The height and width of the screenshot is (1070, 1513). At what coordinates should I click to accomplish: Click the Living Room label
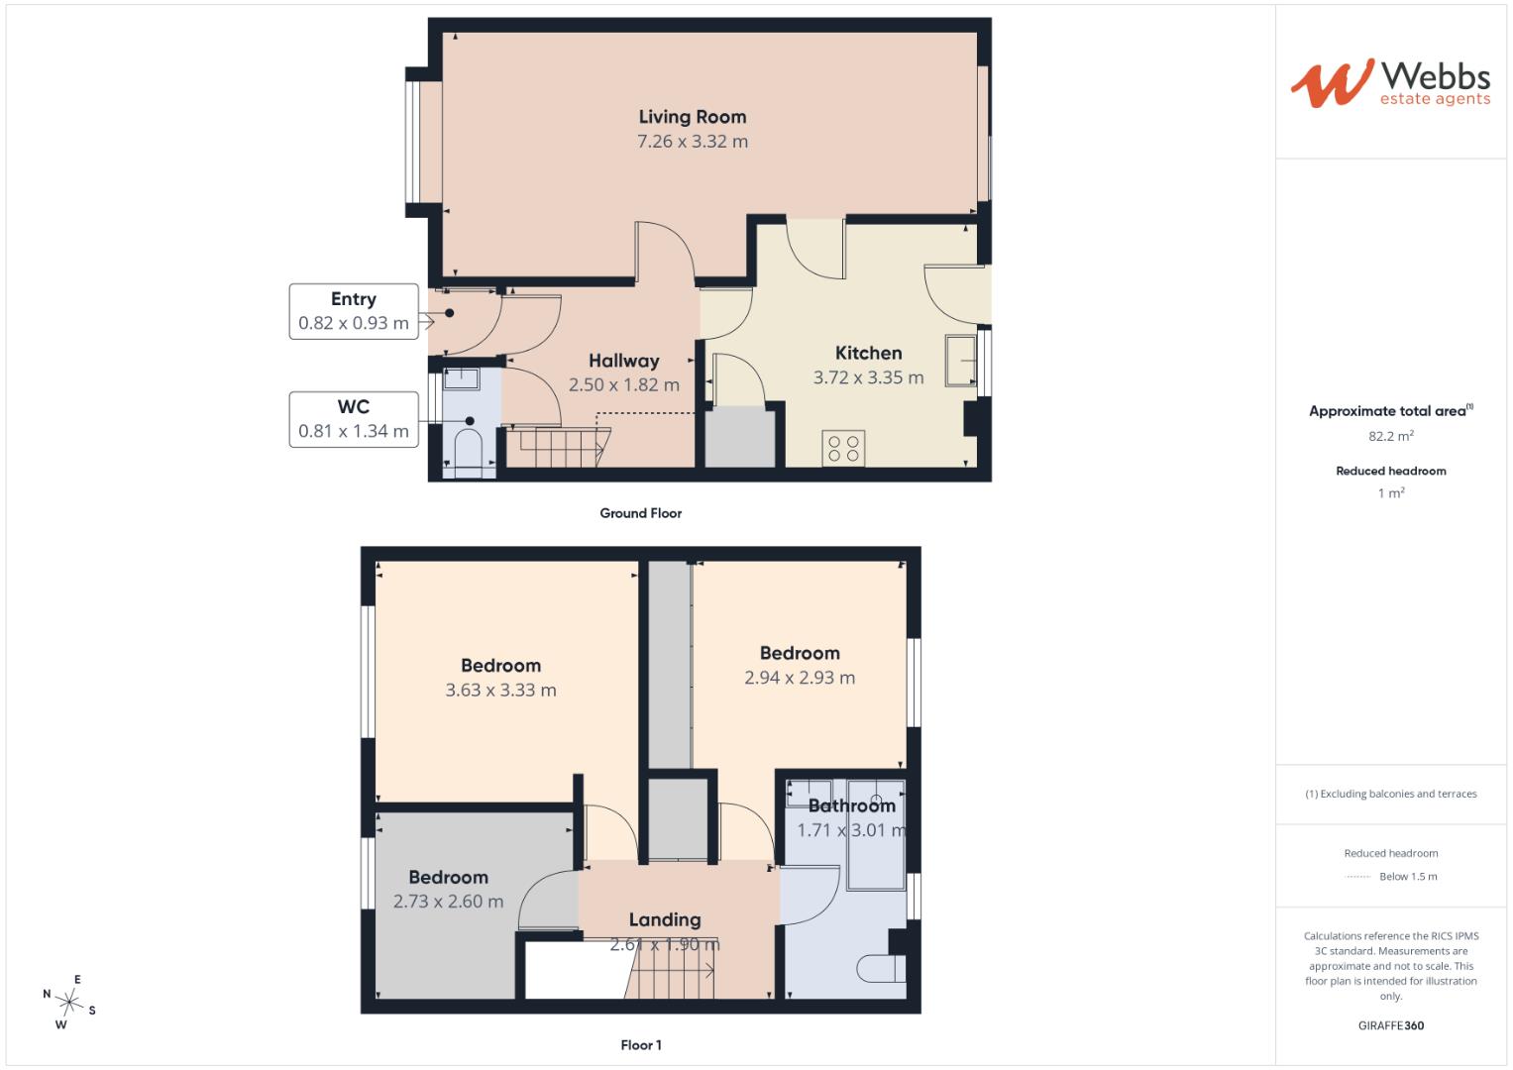click(x=693, y=117)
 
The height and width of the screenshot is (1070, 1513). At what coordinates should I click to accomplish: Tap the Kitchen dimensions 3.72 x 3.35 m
click(x=868, y=377)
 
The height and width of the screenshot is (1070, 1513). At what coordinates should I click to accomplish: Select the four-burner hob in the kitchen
click(x=843, y=449)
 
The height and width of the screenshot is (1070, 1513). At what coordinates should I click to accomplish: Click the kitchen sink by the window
click(x=960, y=361)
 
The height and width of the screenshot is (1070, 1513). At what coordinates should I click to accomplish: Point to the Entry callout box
click(x=354, y=311)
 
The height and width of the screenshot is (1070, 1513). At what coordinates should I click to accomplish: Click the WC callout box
click(x=354, y=419)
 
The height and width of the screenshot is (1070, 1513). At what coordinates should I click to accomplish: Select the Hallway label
click(x=623, y=361)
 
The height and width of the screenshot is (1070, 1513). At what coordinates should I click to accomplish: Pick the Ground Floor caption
click(x=640, y=513)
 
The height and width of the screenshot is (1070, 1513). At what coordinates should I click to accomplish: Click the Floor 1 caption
click(x=640, y=1045)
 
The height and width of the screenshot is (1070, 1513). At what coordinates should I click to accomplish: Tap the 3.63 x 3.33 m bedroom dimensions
click(x=500, y=691)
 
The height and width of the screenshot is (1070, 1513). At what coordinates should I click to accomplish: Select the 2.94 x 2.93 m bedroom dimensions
click(x=800, y=678)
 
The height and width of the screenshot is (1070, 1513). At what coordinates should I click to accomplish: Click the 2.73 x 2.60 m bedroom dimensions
click(x=448, y=902)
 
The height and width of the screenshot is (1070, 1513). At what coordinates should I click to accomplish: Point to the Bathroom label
click(x=852, y=805)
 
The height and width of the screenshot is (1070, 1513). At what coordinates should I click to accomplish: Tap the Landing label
click(x=665, y=919)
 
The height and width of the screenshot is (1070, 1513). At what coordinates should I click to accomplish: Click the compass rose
click(x=69, y=1002)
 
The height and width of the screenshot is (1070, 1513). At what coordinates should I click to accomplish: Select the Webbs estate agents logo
click(x=1390, y=83)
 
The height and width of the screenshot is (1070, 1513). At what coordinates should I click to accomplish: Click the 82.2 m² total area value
click(x=1391, y=436)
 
